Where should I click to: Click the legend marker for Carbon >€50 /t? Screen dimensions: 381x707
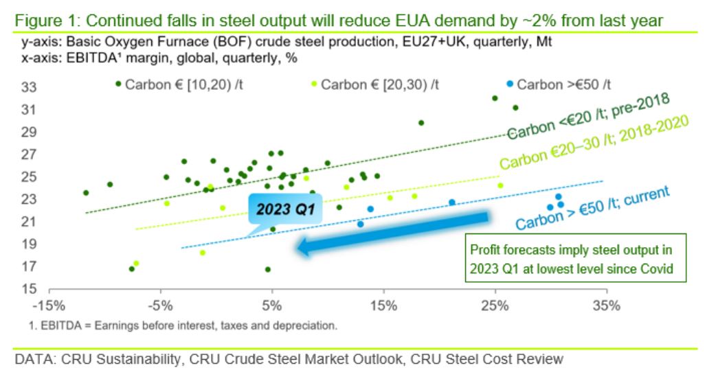pos(509,84)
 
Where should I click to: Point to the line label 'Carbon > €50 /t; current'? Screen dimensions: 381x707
pos(592,208)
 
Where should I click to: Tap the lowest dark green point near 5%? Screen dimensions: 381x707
pos(267,269)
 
